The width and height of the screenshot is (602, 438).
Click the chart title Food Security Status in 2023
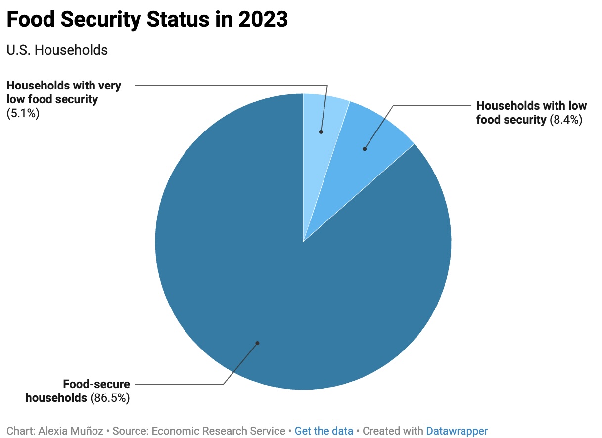147,20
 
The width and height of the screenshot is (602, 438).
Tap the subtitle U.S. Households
57,50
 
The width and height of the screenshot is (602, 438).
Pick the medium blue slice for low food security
366,138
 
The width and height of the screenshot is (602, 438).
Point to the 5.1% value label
23,113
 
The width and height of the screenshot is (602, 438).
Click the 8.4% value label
566,119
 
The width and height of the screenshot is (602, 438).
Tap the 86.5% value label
110,397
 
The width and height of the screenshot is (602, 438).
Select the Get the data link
324,431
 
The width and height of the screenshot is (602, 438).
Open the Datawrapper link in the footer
457,431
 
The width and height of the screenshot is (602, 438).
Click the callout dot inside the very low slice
321,132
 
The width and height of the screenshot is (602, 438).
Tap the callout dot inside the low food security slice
365,148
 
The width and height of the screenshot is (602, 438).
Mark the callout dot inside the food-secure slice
257,343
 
